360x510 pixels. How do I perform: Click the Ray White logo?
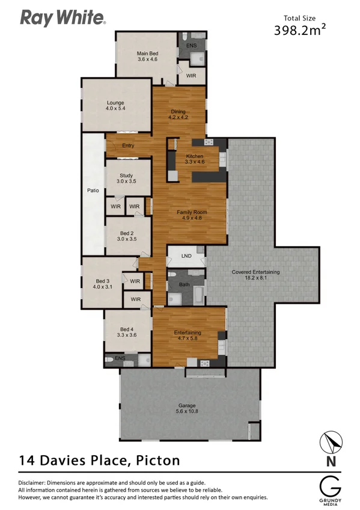63,19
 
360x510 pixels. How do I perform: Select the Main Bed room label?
147,57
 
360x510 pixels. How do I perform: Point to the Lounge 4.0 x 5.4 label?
115,106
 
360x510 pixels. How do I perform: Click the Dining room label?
179,114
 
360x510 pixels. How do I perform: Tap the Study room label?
126,178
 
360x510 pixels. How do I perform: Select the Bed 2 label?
126,236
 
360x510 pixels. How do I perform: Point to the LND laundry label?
186,256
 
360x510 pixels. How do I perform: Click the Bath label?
184,284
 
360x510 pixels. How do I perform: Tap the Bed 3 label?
102,284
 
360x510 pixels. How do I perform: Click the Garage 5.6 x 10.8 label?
187,408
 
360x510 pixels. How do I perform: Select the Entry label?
128,146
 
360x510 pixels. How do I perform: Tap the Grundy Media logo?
330,487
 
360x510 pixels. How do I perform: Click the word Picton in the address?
157,461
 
